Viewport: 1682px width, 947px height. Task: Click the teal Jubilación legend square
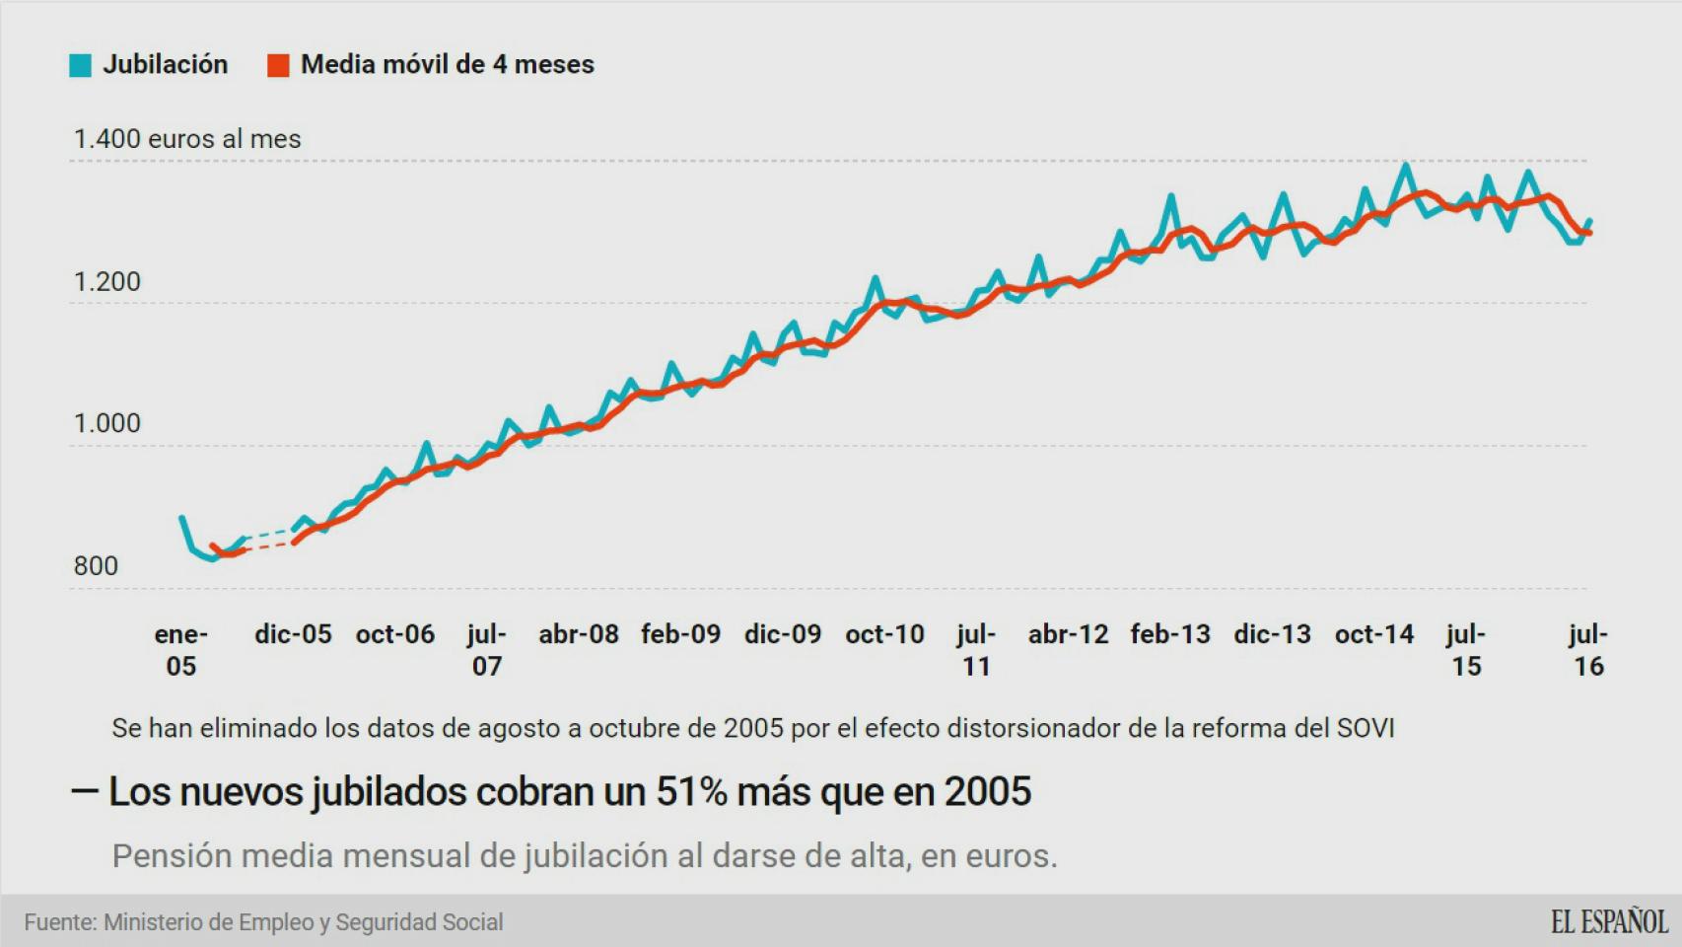point(80,65)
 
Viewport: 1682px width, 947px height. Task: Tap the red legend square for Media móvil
point(278,65)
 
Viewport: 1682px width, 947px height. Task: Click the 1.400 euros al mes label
point(187,139)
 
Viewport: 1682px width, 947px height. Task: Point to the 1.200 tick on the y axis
point(106,282)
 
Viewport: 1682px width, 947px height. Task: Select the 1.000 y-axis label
point(106,423)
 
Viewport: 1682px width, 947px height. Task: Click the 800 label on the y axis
point(96,566)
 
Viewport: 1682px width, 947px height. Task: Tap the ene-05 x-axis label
point(180,650)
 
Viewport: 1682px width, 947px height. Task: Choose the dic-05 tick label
point(293,634)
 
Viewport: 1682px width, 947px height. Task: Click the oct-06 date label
point(394,634)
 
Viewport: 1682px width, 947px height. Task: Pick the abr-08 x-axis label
point(578,634)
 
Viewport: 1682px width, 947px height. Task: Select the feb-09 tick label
point(680,634)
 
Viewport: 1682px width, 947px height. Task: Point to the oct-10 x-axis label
point(884,634)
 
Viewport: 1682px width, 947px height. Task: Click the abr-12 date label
point(1068,634)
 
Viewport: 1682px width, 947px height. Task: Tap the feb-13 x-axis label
point(1170,634)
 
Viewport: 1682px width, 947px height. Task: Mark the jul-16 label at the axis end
point(1587,650)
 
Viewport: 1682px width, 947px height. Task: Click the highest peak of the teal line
point(1405,166)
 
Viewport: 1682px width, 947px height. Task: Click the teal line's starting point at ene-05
point(181,517)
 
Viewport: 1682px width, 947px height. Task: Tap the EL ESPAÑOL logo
point(1609,922)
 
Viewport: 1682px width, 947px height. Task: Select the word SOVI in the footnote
point(1365,729)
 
